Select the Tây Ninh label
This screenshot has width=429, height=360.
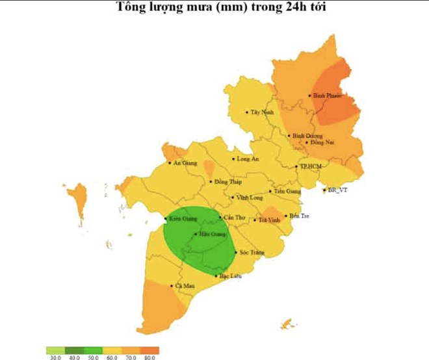click(x=262, y=112)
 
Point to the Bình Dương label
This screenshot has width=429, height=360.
click(x=304, y=136)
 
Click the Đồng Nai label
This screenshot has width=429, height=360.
click(x=321, y=142)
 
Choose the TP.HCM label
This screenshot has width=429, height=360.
click(x=311, y=167)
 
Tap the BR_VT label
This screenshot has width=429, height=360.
click(x=338, y=190)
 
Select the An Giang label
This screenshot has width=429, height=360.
click(x=185, y=162)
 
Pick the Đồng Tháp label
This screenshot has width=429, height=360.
click(x=227, y=182)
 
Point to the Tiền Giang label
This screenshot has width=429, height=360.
click(x=287, y=192)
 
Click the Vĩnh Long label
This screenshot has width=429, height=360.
click(x=250, y=197)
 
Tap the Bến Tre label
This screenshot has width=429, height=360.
click(x=300, y=216)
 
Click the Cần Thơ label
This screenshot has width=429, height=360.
click(x=233, y=218)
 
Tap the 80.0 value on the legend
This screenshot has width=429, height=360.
click(x=149, y=357)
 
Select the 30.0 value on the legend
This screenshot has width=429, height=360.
click(x=55, y=357)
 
